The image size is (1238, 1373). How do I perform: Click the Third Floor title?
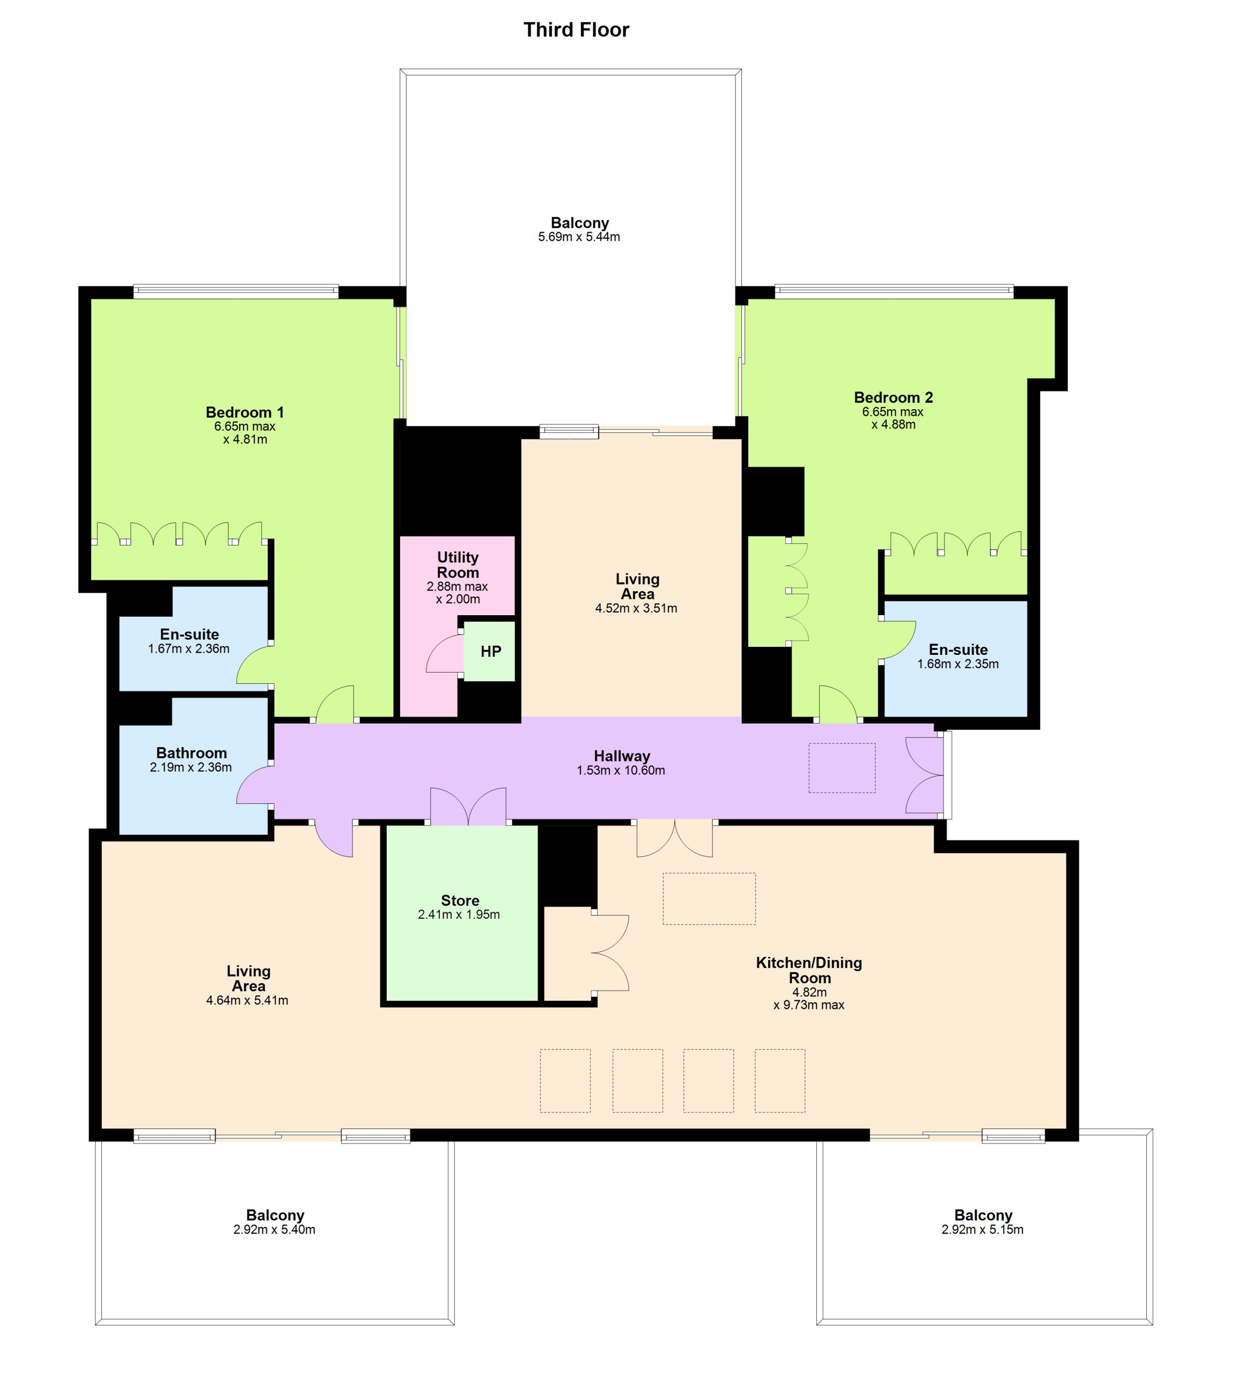576,30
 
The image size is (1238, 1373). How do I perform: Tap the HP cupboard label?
490,652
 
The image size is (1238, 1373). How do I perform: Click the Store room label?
460,900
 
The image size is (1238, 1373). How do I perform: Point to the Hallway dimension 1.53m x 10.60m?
621,771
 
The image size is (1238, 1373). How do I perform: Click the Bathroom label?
191,753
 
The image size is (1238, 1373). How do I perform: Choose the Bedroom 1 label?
245,412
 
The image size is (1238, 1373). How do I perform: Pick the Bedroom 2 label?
893,397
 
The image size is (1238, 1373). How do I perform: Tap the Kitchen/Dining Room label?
809,970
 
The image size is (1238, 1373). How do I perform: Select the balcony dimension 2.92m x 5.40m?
274,1229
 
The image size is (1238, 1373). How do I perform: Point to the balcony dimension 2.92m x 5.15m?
982,1229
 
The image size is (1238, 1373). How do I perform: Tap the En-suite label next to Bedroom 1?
189,634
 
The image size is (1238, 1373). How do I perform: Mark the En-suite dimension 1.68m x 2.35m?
958,664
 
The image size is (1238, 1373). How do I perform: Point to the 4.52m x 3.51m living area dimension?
636,609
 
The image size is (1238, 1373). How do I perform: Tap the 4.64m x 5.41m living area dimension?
247,1000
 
